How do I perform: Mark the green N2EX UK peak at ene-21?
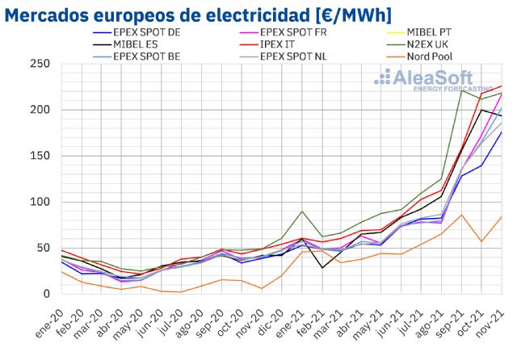[x=302, y=211]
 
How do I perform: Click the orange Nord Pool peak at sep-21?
[x=461, y=215]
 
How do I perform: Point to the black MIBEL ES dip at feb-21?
[x=322, y=268]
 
